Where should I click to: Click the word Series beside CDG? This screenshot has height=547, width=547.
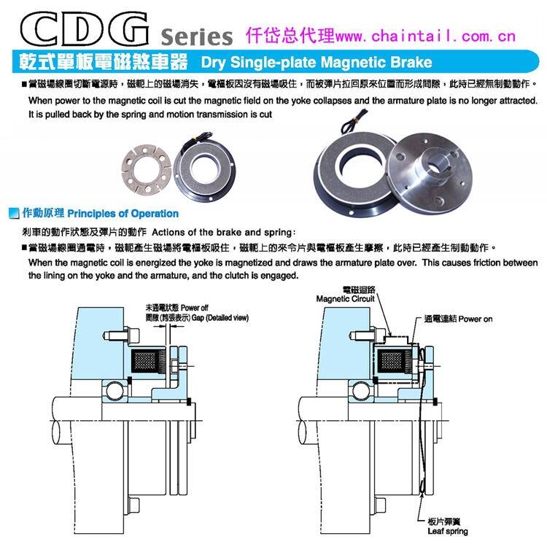(196, 36)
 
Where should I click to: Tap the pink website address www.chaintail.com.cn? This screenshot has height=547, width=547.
(425, 36)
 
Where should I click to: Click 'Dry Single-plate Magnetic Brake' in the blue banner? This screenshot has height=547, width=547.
(317, 62)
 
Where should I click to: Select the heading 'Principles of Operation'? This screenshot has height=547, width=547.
(123, 214)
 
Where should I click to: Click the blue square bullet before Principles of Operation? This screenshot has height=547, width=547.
(14, 213)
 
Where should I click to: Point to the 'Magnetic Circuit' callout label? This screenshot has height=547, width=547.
(345, 299)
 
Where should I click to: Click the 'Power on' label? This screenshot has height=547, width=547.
(476, 319)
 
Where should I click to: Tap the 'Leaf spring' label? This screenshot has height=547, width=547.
(448, 531)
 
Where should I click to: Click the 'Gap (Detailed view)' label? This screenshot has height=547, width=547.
(220, 318)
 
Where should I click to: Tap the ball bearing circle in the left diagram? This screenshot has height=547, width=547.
(115, 391)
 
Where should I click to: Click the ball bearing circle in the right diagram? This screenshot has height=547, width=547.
(361, 391)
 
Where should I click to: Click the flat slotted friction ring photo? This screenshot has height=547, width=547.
(147, 168)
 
